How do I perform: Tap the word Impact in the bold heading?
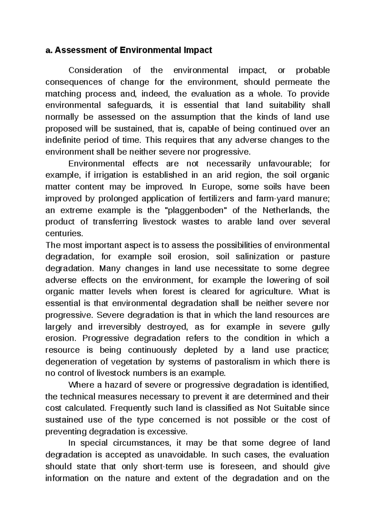pos(197,50)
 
